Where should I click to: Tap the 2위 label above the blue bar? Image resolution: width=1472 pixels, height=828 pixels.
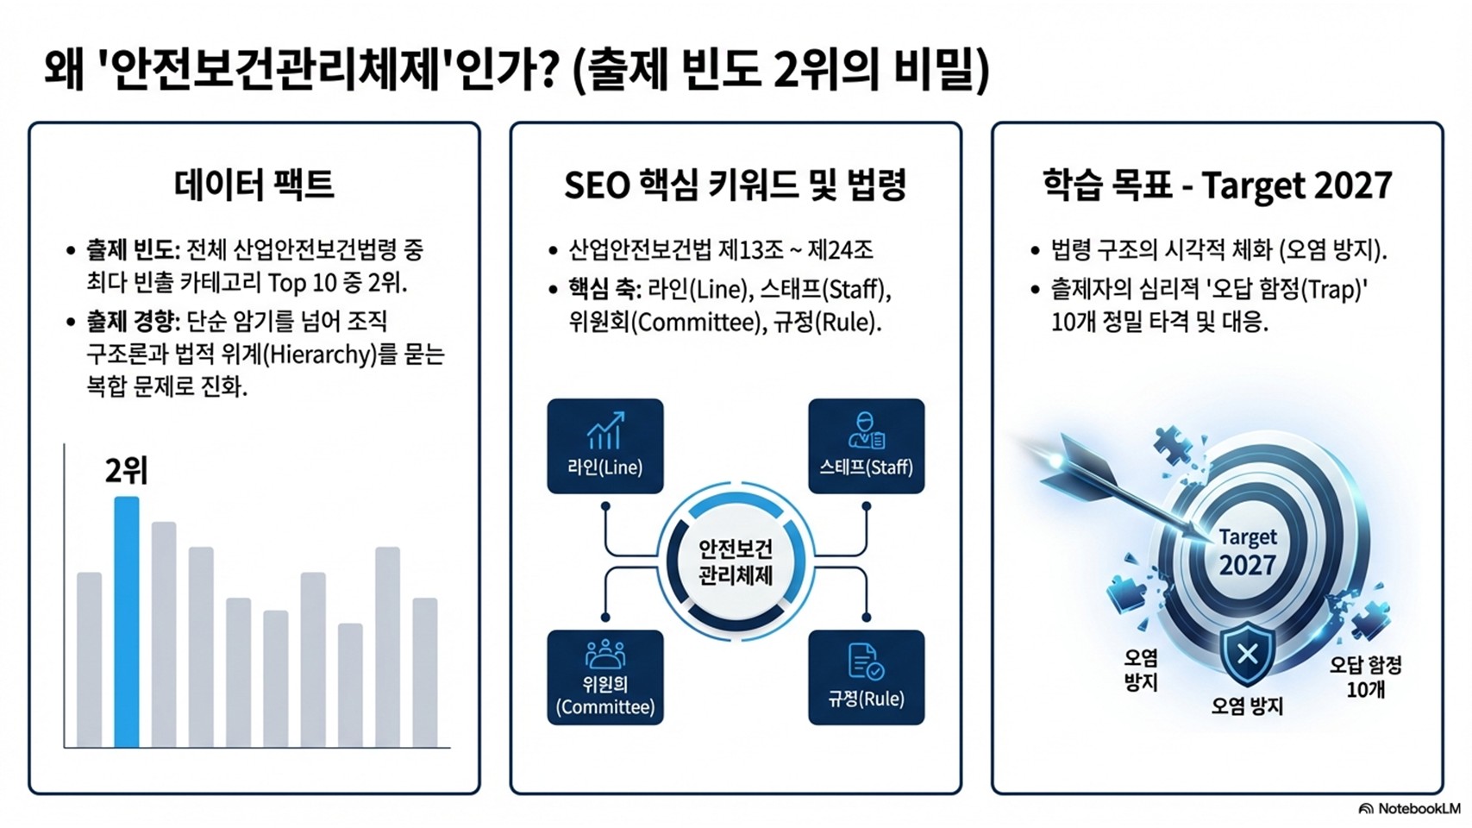coord(126,471)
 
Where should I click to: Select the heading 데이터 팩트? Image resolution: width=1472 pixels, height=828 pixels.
coord(254,185)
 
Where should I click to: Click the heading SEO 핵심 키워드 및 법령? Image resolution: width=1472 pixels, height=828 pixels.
coord(735,185)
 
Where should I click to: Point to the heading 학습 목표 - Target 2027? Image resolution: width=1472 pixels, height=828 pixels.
coord(1217,185)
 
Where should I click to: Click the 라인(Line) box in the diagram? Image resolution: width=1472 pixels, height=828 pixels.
coord(604,446)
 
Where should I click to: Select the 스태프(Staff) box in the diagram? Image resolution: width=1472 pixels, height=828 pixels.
coord(866,446)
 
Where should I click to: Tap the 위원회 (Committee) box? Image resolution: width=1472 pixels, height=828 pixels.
coord(604,677)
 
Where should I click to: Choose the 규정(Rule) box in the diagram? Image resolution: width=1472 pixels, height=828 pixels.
coord(866,677)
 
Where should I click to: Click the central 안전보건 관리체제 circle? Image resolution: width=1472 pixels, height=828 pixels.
coord(735,561)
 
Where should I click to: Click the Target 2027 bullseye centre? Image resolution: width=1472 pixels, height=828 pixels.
coord(1247,552)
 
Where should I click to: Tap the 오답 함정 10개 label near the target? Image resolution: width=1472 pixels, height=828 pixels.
coord(1365,677)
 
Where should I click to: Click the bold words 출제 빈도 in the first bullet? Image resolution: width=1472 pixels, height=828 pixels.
coord(131,250)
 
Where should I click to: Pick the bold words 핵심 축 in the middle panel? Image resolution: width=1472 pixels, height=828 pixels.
coord(603,288)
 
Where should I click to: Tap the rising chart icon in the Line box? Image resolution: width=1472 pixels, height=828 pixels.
coord(604,430)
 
